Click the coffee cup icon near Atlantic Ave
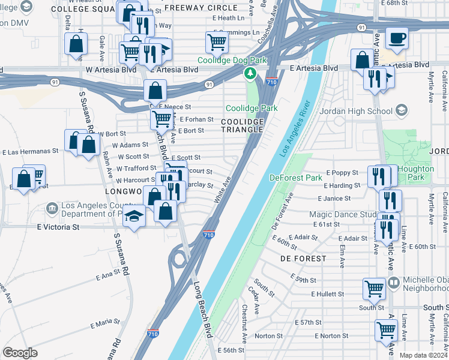(397, 39)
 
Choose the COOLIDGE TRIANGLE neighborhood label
(243, 125)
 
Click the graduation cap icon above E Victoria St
(134, 217)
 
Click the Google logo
(20, 352)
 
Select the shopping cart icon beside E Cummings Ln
(217, 42)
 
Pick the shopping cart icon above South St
(374, 289)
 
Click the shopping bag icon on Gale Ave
(76, 44)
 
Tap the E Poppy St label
(342, 173)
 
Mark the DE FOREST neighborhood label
(303, 259)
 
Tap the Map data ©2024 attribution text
(423, 355)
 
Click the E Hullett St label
(328, 294)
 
